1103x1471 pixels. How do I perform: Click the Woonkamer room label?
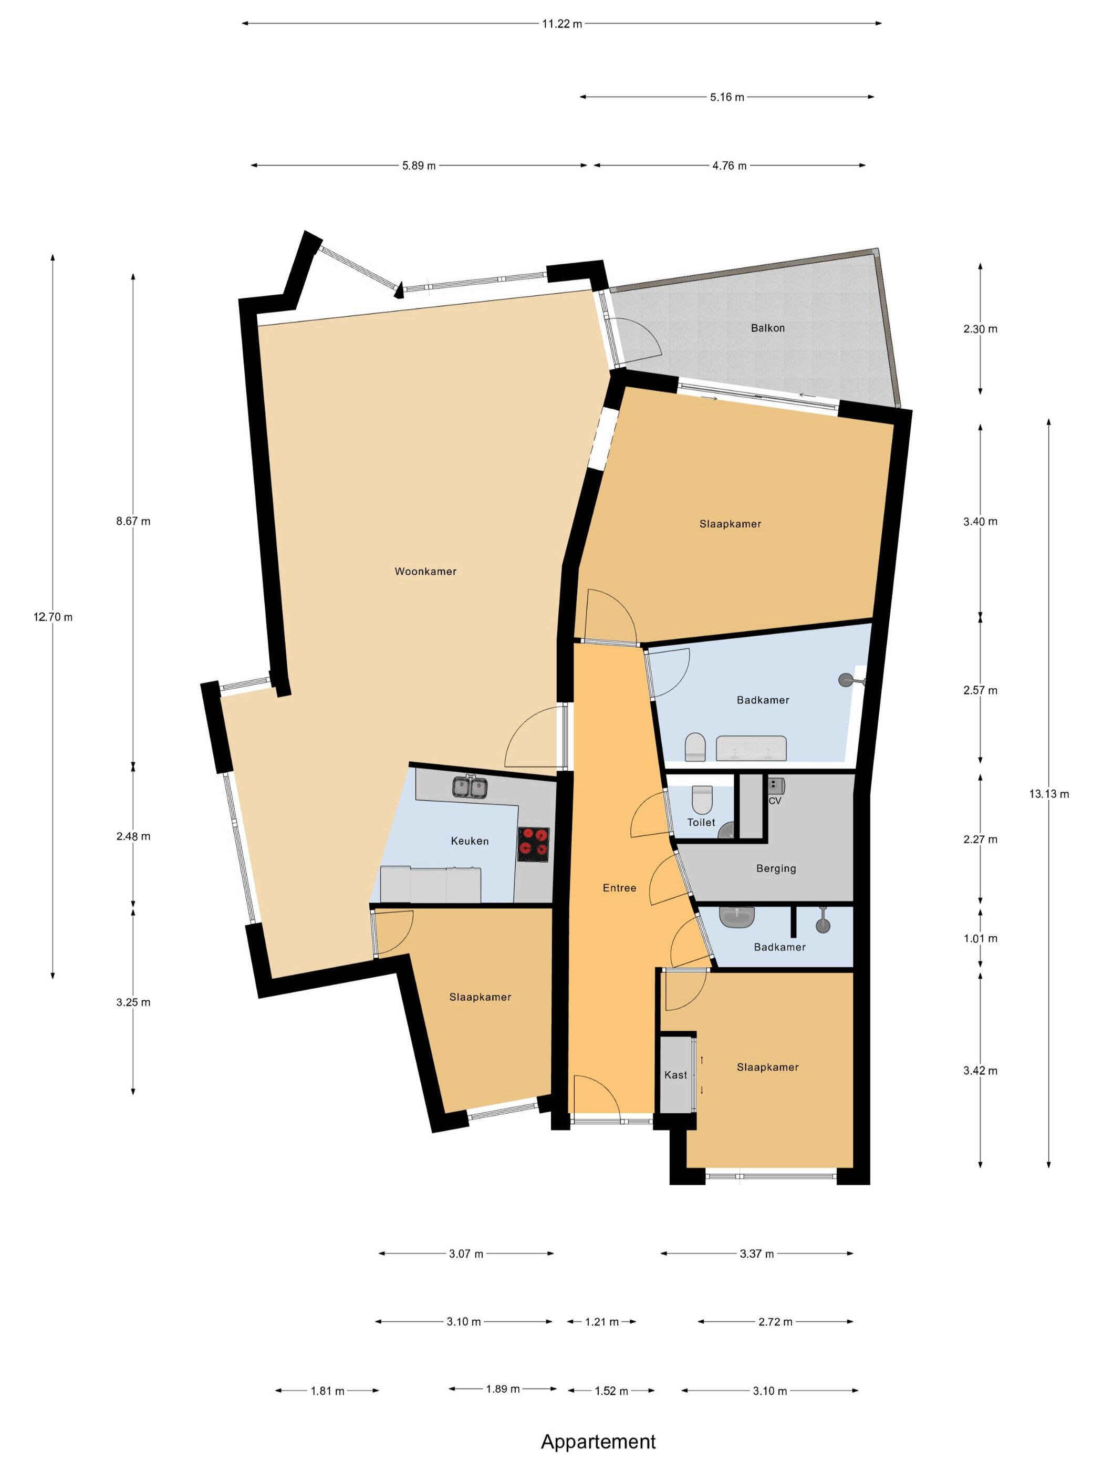coord(425,571)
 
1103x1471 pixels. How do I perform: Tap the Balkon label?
coord(768,328)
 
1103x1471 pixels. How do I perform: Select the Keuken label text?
coord(470,841)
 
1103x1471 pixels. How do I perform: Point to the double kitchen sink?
coord(471,788)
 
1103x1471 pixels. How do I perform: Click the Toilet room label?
coord(701,823)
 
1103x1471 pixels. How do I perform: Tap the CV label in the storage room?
coord(775,801)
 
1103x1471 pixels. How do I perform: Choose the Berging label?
coord(776,868)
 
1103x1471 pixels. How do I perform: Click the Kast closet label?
coord(676,1075)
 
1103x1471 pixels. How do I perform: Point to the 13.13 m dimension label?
coord(1049,794)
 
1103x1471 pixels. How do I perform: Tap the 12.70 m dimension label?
coord(53,617)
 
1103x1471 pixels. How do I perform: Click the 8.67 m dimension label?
coord(133,521)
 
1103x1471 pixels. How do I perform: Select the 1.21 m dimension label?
coord(602,1322)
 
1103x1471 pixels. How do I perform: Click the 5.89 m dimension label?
coord(419,165)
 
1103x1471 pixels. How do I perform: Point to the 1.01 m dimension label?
coord(981,939)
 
